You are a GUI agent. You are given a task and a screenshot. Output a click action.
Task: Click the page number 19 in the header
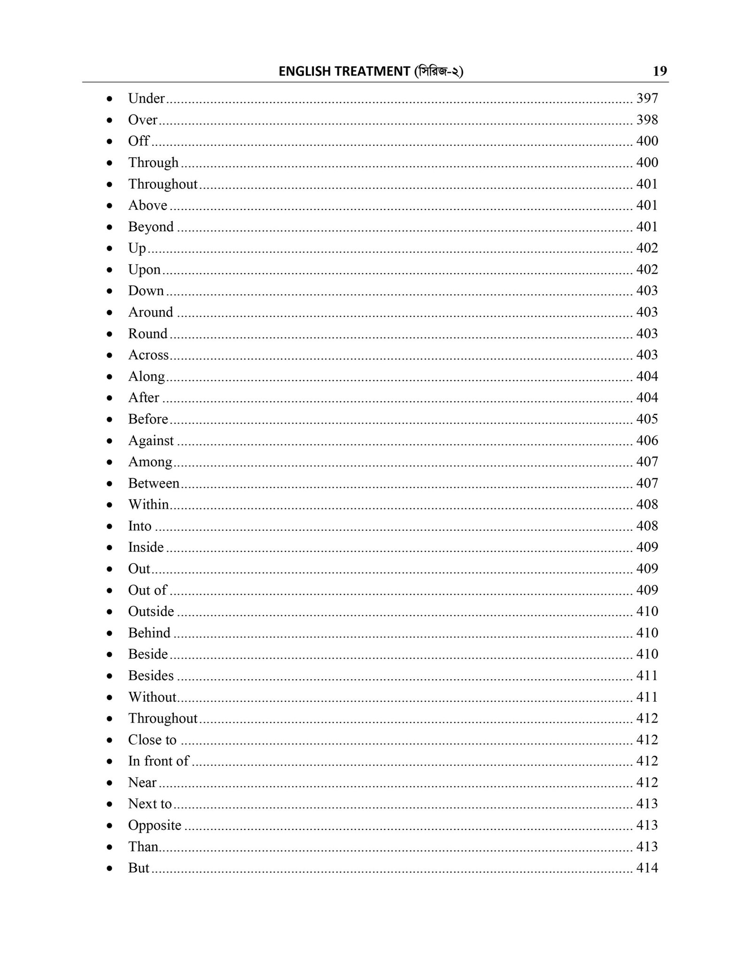[x=659, y=71]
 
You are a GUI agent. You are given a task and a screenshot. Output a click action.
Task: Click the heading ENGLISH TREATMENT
[x=344, y=71]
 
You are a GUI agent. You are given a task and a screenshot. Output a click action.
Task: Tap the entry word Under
[x=146, y=99]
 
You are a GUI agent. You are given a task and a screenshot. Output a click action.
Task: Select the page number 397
[x=647, y=99]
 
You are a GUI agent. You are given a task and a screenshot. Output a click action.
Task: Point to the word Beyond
[x=151, y=227]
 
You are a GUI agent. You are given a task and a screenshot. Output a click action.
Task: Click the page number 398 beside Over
[x=647, y=120]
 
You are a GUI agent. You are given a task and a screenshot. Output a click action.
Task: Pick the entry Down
[x=146, y=291]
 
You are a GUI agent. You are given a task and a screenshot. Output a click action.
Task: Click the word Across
[x=148, y=355]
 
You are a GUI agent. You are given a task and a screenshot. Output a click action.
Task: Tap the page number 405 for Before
[x=647, y=419]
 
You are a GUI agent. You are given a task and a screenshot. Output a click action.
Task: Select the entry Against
[x=151, y=441]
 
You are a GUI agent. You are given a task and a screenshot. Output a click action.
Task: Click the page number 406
[x=647, y=441]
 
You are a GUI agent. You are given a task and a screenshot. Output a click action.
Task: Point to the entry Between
[x=153, y=483]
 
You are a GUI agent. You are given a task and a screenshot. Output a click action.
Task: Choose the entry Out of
[x=147, y=590]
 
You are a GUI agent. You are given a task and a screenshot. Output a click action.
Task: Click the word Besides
[x=151, y=676]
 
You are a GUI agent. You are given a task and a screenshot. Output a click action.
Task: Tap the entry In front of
[x=158, y=761]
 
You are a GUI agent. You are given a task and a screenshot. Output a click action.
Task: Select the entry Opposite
[x=154, y=826]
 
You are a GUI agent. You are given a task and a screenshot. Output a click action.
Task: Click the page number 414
[x=647, y=868]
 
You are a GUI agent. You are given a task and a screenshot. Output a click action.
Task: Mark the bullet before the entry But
[x=109, y=869]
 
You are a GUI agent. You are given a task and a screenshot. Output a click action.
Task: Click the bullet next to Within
[x=109, y=505]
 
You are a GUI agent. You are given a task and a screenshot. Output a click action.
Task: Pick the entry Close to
[x=152, y=740]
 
